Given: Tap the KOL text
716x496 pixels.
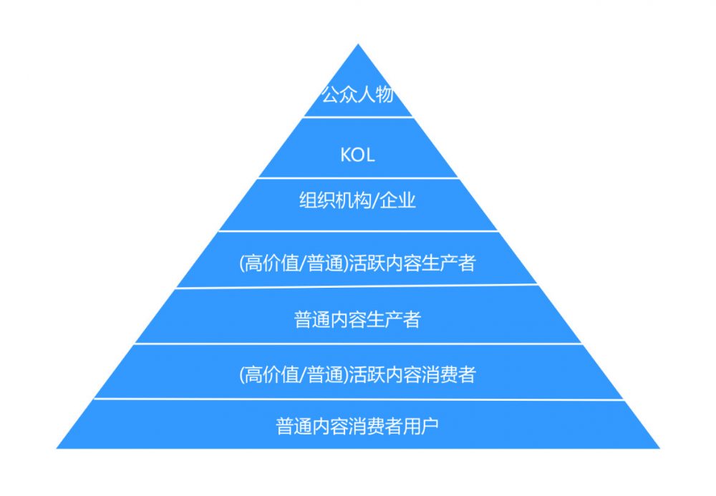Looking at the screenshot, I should pyautogui.click(x=357, y=155).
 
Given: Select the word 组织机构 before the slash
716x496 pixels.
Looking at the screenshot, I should pyautogui.click(x=332, y=201).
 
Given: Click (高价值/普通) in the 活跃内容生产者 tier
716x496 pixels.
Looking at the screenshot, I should pyautogui.click(x=294, y=263).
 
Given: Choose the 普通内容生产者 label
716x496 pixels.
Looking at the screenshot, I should pyautogui.click(x=357, y=319).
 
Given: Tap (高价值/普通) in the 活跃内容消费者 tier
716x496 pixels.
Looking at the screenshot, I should pyautogui.click(x=294, y=374).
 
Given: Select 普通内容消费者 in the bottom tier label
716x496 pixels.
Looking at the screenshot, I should pyautogui.click(x=339, y=427).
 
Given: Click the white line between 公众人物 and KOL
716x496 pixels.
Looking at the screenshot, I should pyautogui.click(x=357, y=117).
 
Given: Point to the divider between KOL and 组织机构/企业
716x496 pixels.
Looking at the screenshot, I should pyautogui.click(x=357, y=178).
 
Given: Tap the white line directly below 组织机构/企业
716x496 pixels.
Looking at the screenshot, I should pyautogui.click(x=357, y=231).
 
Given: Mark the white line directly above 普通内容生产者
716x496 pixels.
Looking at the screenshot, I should pyautogui.click(x=357, y=288).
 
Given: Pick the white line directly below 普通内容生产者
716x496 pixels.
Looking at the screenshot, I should pyautogui.click(x=357, y=344).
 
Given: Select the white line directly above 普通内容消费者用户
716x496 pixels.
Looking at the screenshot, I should pyautogui.click(x=357, y=399).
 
